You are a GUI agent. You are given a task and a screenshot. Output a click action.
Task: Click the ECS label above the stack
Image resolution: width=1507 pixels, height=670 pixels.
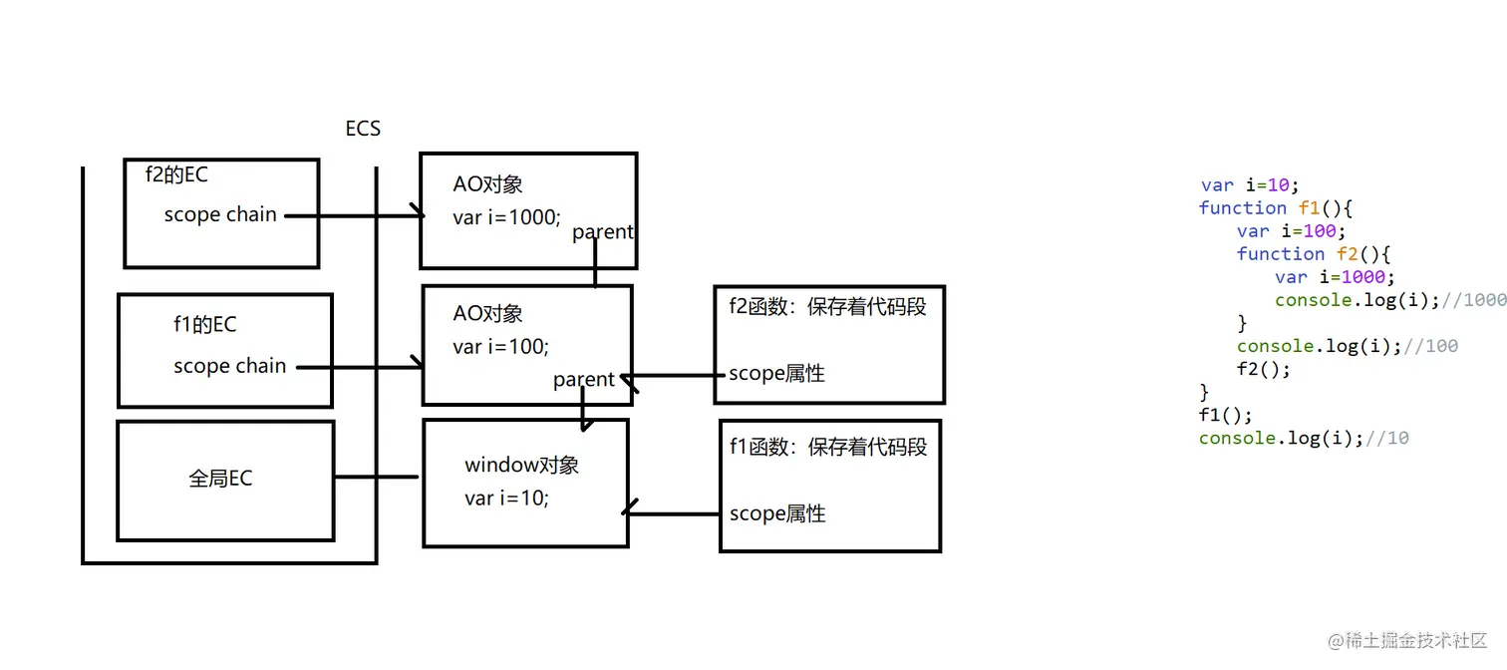pyautogui.click(x=363, y=129)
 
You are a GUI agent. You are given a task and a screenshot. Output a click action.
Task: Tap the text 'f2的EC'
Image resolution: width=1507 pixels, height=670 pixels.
pyautogui.click(x=176, y=174)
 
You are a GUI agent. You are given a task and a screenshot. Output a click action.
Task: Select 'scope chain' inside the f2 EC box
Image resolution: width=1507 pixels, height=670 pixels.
pyautogui.click(x=220, y=214)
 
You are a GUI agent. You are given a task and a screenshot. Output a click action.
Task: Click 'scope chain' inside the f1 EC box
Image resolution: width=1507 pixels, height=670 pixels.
pyautogui.click(x=229, y=366)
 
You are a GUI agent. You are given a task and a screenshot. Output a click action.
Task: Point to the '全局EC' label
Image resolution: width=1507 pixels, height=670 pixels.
pyautogui.click(x=220, y=479)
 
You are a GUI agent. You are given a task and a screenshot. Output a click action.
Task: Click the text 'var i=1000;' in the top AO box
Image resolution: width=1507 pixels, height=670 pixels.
pyautogui.click(x=506, y=216)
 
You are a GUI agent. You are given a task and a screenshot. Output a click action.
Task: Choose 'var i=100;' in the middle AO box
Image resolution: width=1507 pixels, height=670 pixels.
pyautogui.click(x=500, y=346)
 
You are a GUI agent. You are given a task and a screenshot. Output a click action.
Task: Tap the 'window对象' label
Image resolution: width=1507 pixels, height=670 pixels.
pyautogui.click(x=521, y=465)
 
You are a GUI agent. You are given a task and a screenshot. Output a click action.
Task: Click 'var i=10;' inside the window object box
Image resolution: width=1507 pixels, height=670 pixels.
pyautogui.click(x=506, y=498)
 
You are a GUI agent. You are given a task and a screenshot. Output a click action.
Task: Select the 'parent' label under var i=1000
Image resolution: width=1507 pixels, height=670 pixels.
pyautogui.click(x=603, y=232)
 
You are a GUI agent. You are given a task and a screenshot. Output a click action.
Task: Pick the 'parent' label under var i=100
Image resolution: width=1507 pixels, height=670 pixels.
pyautogui.click(x=584, y=380)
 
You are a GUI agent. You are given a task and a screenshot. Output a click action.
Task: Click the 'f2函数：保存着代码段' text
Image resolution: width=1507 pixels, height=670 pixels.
pyautogui.click(x=827, y=307)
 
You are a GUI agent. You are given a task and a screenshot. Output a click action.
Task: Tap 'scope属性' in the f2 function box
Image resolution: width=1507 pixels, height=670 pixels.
pyautogui.click(x=776, y=374)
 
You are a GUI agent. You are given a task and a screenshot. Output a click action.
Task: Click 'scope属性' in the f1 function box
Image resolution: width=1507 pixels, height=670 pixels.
pyautogui.click(x=777, y=513)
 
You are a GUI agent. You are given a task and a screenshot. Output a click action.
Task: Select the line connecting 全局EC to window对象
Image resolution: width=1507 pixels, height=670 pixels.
pyautogui.click(x=376, y=477)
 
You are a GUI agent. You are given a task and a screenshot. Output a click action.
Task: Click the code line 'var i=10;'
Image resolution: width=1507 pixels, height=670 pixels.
pyautogui.click(x=1250, y=184)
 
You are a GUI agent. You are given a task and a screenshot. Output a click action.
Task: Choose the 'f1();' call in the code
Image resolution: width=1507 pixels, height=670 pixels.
pyautogui.click(x=1225, y=415)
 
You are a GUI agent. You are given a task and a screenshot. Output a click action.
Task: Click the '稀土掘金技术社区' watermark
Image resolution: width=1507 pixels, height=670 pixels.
pyautogui.click(x=1407, y=639)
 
